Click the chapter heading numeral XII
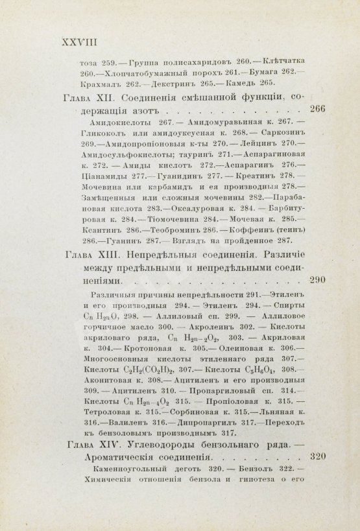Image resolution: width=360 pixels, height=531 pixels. tap(106, 98)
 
